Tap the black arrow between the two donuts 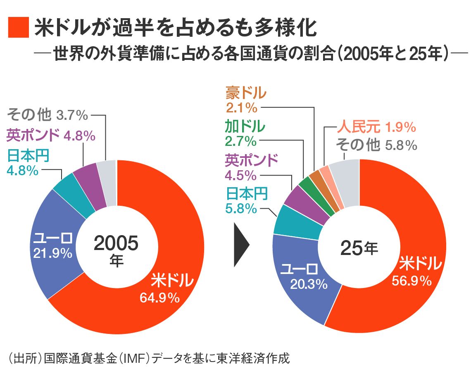241,245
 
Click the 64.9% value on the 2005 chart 159,297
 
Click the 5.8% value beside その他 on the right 400,145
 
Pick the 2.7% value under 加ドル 240,141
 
